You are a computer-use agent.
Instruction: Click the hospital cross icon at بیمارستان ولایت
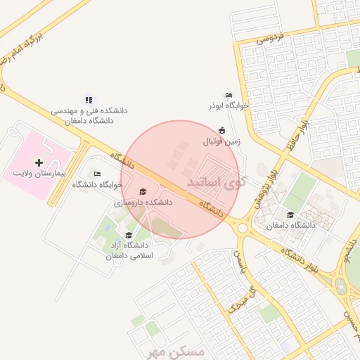39,162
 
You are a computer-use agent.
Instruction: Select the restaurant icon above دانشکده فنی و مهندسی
89,100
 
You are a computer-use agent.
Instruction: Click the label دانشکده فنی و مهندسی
89,111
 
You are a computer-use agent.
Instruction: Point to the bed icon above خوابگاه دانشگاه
97,174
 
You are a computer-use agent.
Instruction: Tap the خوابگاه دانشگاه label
97,184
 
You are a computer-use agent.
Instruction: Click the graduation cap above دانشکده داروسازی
143,192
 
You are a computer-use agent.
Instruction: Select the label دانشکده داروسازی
143,202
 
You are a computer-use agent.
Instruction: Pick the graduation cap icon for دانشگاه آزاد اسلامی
128,235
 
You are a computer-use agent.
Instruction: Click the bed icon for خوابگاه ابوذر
229,96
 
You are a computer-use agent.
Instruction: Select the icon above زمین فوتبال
222,129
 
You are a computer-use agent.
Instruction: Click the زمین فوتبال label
222,141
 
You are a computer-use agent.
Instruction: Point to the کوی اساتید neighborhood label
217,182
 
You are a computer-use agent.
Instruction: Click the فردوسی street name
269,37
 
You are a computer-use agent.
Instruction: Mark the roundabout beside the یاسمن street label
243,227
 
